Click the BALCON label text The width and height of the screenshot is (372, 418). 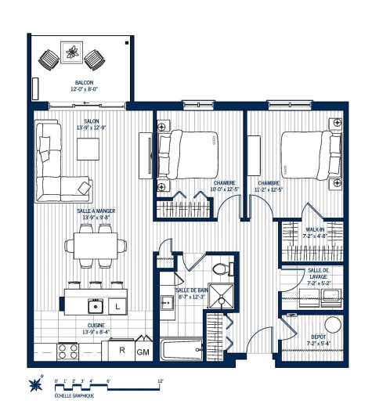pos(84,82)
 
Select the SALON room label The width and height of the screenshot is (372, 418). pos(92,122)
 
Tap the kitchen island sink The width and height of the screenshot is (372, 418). pos(95,304)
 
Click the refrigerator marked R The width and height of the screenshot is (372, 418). pos(122,350)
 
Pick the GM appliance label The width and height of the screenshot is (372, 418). pos(143,352)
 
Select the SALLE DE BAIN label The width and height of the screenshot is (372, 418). pos(190,294)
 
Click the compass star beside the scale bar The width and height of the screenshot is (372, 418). pos(35,384)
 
